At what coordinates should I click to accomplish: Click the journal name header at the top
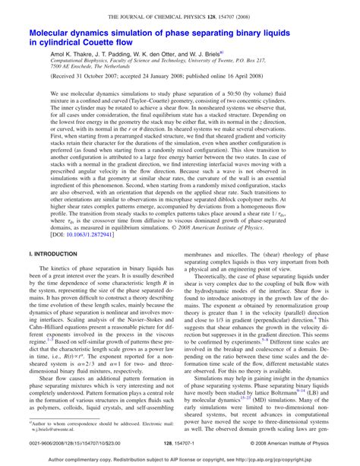(179, 16)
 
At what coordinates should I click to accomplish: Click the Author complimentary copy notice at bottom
(179, 460)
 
